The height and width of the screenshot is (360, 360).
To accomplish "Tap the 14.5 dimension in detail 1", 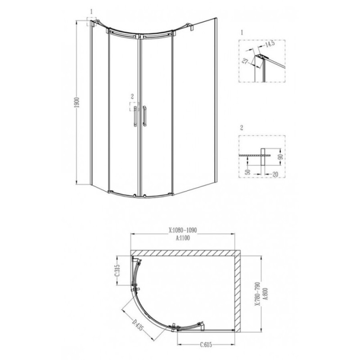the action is pos(270,44).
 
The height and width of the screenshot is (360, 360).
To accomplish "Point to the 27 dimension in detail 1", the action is pos(246,61).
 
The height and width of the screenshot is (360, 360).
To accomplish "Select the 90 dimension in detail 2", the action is pos(280,157).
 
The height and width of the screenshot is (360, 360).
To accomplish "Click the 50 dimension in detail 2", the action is pos(247,172).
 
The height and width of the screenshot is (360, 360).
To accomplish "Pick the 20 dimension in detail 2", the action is pos(275,174).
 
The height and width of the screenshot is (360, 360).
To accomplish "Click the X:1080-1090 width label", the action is pos(183,230).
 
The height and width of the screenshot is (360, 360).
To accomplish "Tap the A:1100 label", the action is pos(183,238).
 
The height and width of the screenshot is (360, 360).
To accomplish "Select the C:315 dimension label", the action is pos(117,271).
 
